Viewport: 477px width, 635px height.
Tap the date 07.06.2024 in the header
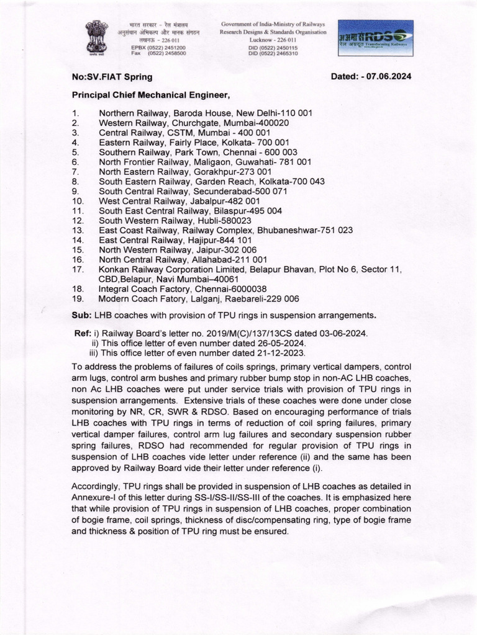pyautogui.click(x=386, y=77)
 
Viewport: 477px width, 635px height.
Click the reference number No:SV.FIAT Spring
pyautogui.click(x=112, y=78)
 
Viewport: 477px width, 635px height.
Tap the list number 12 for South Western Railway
pyautogui.click(x=78, y=220)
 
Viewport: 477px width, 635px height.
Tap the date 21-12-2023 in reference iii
pyautogui.click(x=284, y=353)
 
